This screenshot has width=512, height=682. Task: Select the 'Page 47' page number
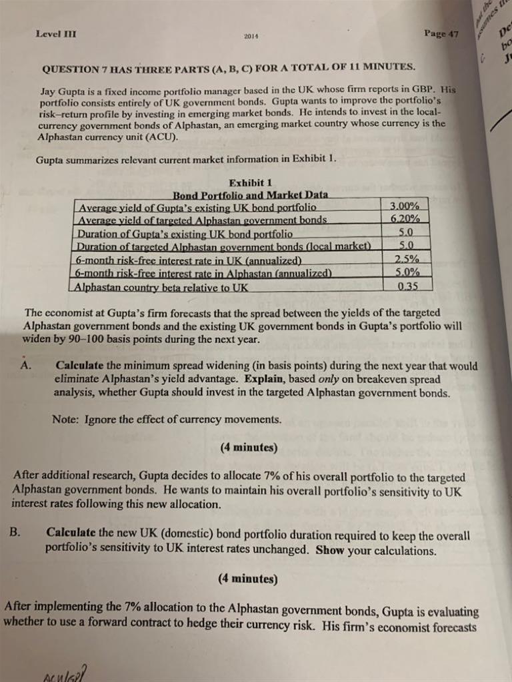coord(441,33)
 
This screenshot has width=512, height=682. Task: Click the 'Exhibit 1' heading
coord(251,182)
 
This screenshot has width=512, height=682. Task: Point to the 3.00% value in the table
coord(405,206)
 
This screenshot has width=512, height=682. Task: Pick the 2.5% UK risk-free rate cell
coord(405,259)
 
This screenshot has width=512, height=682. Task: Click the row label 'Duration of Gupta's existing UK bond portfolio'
coord(185,234)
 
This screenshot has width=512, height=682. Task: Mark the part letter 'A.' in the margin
coord(27,365)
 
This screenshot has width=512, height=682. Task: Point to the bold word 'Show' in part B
coord(329,550)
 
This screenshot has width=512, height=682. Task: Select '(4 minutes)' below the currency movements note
coord(249,447)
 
